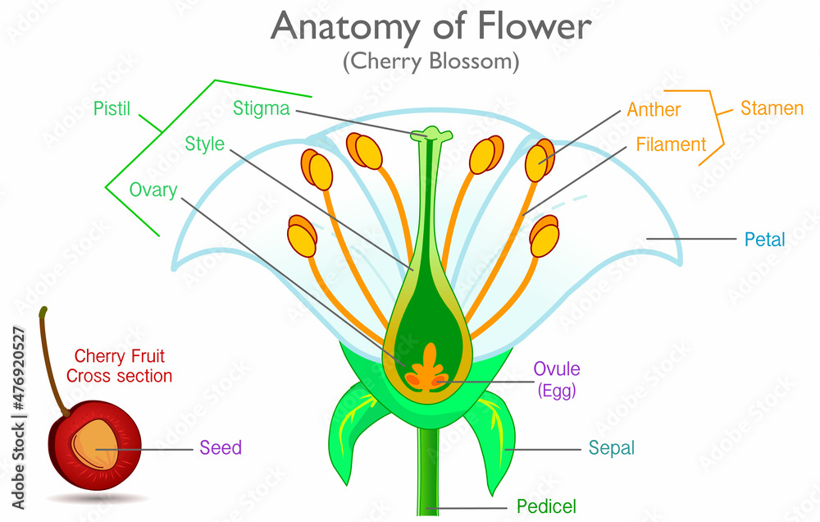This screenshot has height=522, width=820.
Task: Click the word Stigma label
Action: [x=261, y=108]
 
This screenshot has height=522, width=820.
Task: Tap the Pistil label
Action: [x=112, y=108]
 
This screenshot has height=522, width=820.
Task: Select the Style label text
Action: [x=204, y=144]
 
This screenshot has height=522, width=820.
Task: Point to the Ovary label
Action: [x=153, y=190]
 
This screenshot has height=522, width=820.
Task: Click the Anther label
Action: [x=654, y=109]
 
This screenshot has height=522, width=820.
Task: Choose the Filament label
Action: [x=670, y=145]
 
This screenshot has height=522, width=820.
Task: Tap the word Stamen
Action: [x=772, y=108]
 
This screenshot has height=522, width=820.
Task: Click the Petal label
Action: [x=764, y=240]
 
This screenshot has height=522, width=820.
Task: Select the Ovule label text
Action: [x=557, y=369]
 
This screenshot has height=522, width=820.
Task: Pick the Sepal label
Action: [x=611, y=448]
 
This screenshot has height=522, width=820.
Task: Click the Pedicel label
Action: [x=546, y=506]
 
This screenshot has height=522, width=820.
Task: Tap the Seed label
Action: [x=221, y=448]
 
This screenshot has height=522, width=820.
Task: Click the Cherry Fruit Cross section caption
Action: [x=120, y=366]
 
